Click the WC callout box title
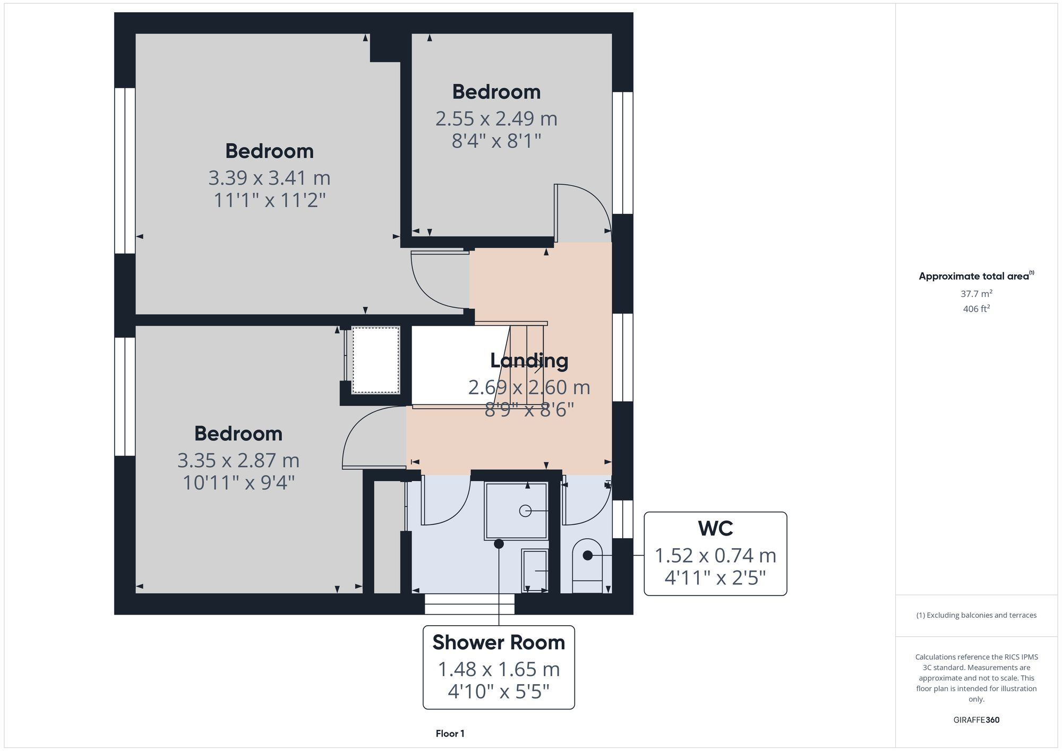[715, 529]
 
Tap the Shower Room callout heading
[498, 643]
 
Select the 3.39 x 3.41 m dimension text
[269, 178]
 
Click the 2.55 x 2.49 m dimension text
[496, 118]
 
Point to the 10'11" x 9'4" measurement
[238, 483]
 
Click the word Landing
[529, 361]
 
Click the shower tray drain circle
[525, 511]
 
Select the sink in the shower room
[535, 570]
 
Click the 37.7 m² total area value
[976, 294]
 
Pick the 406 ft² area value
[976, 309]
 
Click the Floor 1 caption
[450, 733]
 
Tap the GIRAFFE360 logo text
[976, 720]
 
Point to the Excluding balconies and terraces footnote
[976, 615]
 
